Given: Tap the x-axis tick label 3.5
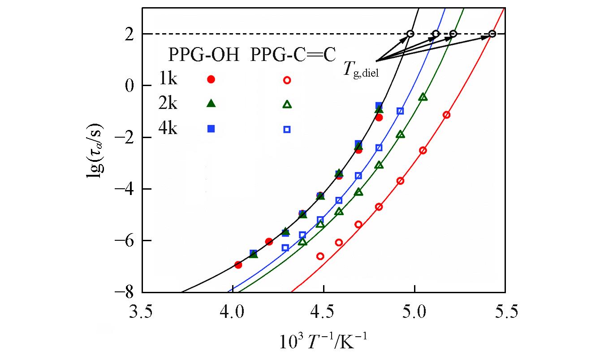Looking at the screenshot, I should (x=142, y=310).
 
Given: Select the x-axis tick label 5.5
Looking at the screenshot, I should (x=505, y=310).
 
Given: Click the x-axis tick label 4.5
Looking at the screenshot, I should (x=324, y=310).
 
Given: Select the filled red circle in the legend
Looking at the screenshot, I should (x=211, y=79).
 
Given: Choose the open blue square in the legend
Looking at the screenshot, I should (x=287, y=130).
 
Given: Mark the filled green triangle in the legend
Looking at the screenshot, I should (x=211, y=104).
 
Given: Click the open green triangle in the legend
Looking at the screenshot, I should (x=287, y=104).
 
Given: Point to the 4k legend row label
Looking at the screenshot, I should (x=168, y=128).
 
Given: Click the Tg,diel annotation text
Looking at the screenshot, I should (x=361, y=70).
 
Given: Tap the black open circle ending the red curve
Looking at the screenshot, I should (x=492, y=34).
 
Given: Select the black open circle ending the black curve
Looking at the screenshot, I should (x=410, y=34).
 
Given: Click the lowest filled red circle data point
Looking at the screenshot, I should (x=238, y=265).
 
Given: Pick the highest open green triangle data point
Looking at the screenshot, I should (x=423, y=97).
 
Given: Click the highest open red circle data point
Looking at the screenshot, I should (x=446, y=115).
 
